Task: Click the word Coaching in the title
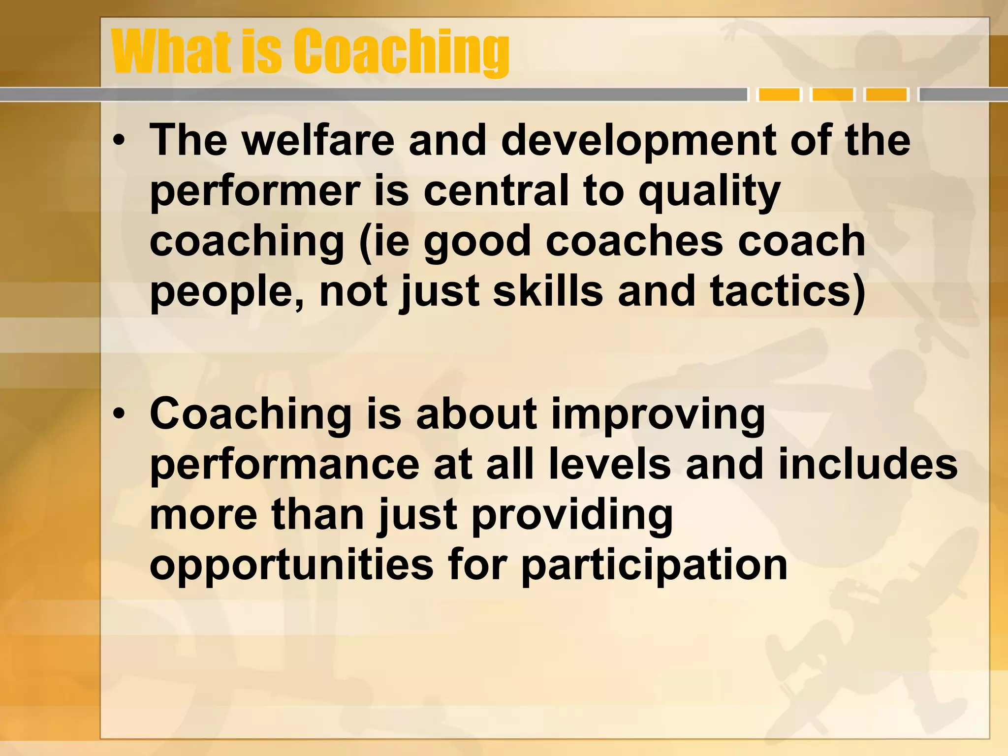(401, 52)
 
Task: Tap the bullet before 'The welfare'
(119, 141)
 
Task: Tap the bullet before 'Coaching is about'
(119, 414)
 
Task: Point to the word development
(638, 141)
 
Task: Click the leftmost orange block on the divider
(779, 94)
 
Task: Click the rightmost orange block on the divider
(886, 94)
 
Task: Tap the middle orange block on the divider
(833, 94)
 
